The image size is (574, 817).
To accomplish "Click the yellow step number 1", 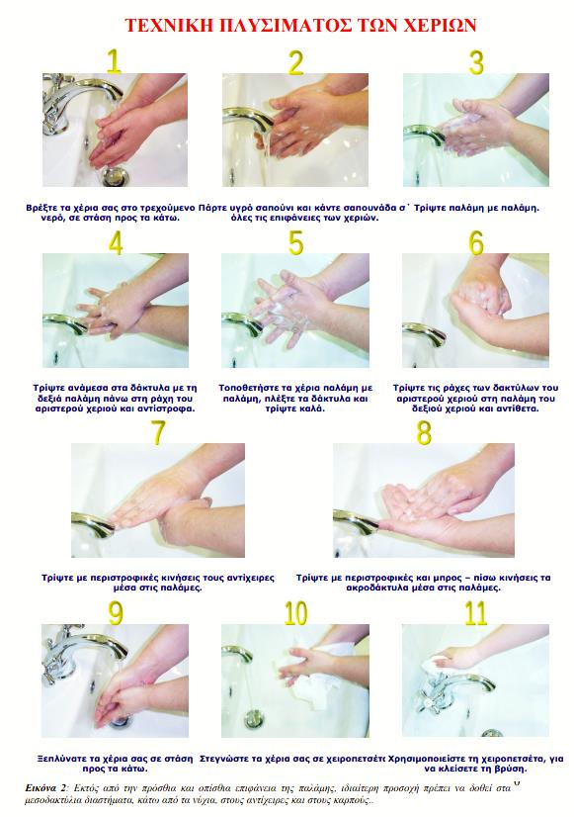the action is tap(114, 61).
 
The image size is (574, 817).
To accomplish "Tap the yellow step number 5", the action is tap(295, 242).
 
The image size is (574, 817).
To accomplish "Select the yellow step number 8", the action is tap(424, 432).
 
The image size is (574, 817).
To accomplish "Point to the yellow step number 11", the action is tap(475, 613).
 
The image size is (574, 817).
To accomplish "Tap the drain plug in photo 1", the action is tap(114, 176).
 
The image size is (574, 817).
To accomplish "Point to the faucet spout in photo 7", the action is tap(93, 522).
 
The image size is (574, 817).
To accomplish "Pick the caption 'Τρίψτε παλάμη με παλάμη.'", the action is tap(476, 208).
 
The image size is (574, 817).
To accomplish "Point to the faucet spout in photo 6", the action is tap(424, 332).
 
